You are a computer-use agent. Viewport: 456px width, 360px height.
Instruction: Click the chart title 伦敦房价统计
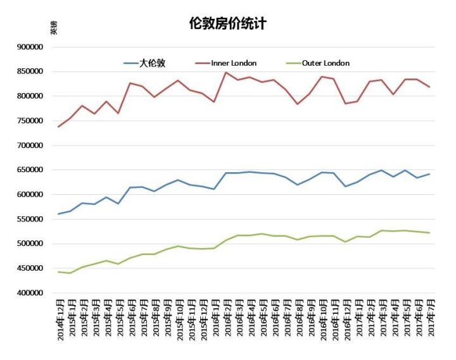tap(228, 24)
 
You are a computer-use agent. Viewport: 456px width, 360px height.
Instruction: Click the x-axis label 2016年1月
tap(214, 320)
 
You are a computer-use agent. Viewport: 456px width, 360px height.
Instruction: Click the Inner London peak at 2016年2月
tap(226, 72)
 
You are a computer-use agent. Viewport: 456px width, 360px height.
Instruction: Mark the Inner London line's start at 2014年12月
tap(59, 127)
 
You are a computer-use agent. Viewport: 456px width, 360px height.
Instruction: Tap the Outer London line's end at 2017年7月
tap(429, 233)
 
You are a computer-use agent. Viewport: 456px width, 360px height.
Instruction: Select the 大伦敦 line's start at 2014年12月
tap(59, 214)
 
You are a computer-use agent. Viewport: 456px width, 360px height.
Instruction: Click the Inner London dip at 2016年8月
tap(297, 104)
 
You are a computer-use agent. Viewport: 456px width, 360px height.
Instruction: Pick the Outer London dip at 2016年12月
tap(345, 242)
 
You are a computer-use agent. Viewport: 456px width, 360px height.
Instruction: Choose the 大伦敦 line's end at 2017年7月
tap(429, 174)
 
